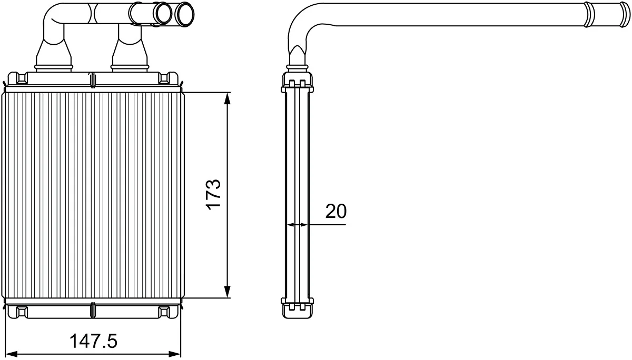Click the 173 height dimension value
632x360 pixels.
tap(213, 195)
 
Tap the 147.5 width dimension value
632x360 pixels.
tap(93, 341)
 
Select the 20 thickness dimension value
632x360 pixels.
tap(336, 211)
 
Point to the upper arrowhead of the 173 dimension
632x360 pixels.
tap(228, 98)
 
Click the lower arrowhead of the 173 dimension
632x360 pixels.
tap(228, 292)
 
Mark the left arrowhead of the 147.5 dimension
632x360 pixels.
tap(12, 354)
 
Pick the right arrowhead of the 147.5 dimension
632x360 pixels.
tap(175, 354)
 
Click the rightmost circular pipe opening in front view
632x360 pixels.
tap(185, 14)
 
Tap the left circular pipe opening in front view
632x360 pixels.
tap(163, 13)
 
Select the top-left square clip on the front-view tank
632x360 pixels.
tap(22, 78)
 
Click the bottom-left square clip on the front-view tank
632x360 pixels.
tap(22, 312)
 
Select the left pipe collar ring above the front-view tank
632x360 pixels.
tap(53, 67)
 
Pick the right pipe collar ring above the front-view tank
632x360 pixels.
tap(130, 67)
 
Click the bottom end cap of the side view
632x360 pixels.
tap(298, 309)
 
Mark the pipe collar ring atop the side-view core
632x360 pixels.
tap(297, 67)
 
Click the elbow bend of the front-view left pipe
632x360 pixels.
tap(55, 15)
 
